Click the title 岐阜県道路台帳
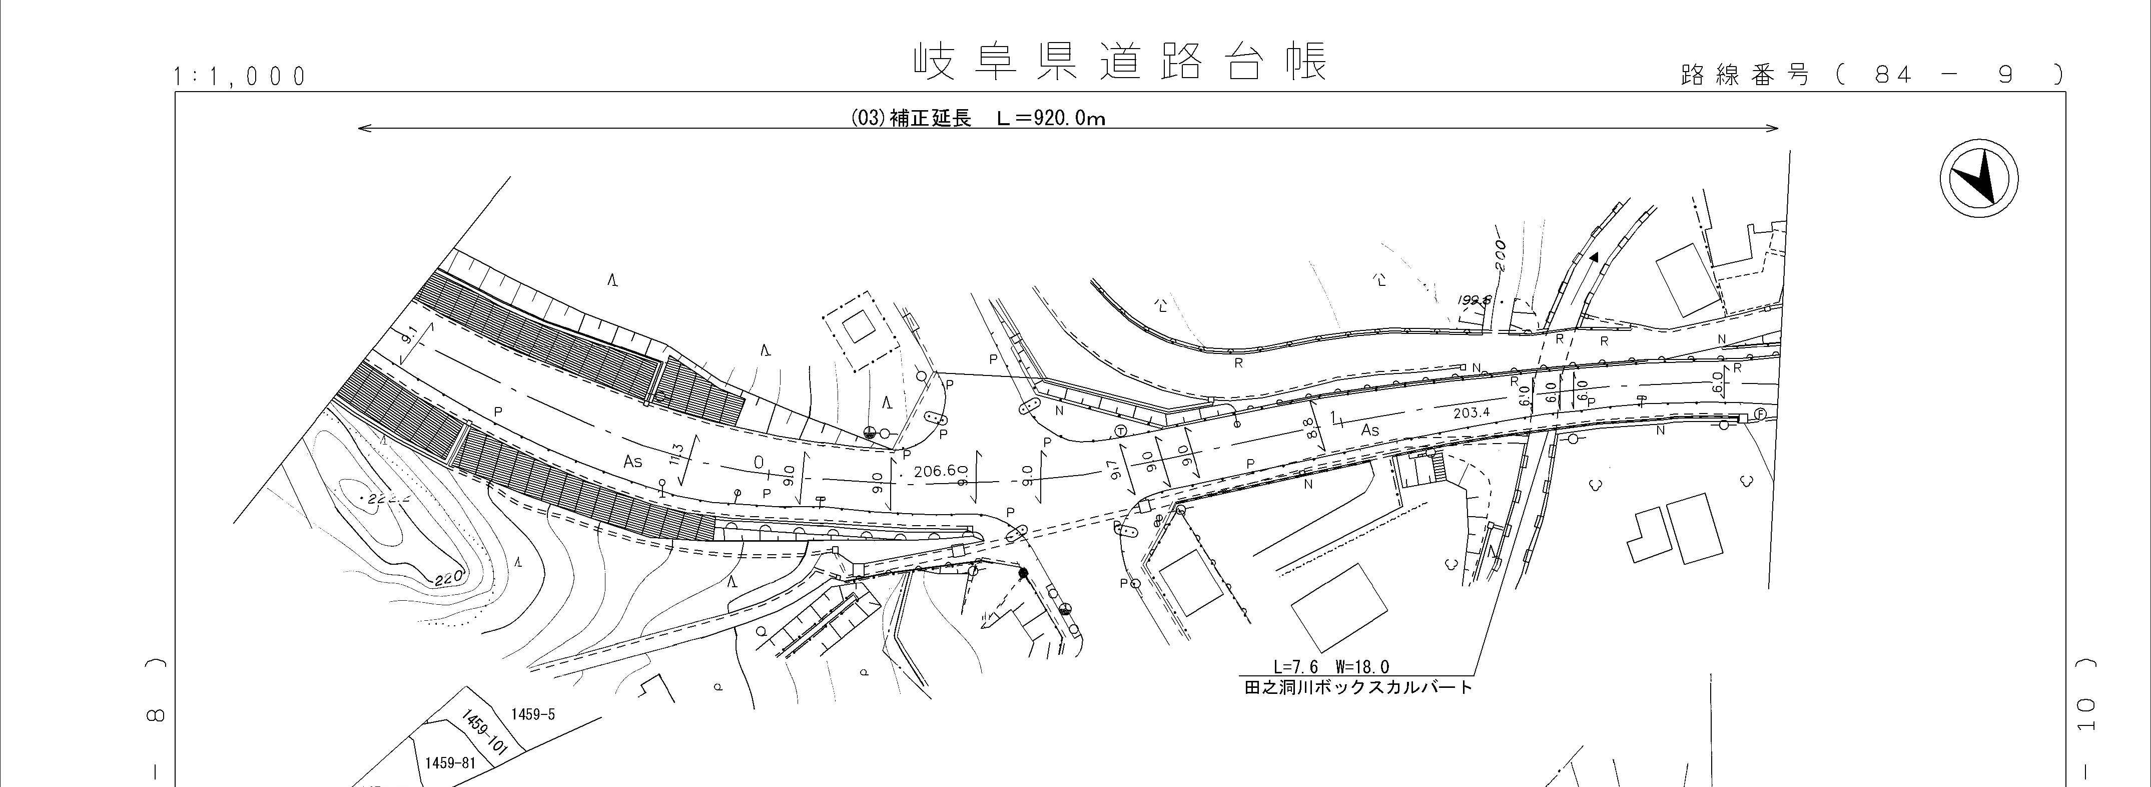1119,63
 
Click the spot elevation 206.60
940,471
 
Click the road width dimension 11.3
677,455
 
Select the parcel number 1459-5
533,714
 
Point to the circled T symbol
1121,431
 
